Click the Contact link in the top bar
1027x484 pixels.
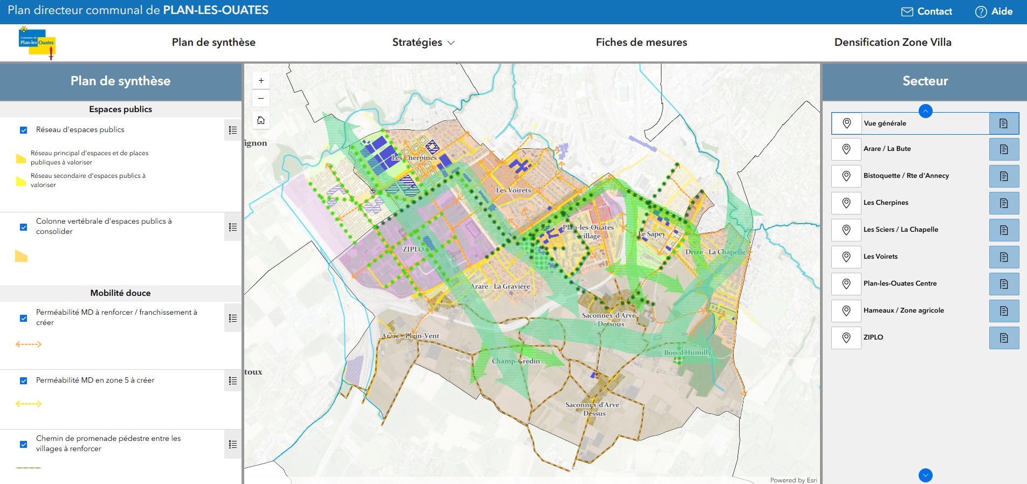click(927, 11)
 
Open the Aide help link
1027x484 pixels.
click(994, 11)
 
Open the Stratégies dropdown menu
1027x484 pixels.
click(423, 42)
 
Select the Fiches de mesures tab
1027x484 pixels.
click(641, 42)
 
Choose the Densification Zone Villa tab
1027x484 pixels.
click(892, 42)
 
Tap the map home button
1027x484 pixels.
click(261, 120)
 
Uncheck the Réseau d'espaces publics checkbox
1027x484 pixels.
click(24, 130)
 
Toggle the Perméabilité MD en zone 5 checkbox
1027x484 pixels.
click(24, 381)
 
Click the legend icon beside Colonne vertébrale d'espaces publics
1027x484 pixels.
click(233, 227)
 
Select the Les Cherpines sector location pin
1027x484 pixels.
click(846, 203)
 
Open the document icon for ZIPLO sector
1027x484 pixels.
click(1004, 338)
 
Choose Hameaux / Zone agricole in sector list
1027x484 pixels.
click(904, 310)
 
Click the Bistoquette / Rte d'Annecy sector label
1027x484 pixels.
click(906, 176)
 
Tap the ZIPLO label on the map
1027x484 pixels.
click(413, 249)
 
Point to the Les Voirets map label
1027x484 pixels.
click(513, 190)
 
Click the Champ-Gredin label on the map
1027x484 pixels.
click(515, 361)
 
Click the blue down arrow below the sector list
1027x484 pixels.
click(925, 475)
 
